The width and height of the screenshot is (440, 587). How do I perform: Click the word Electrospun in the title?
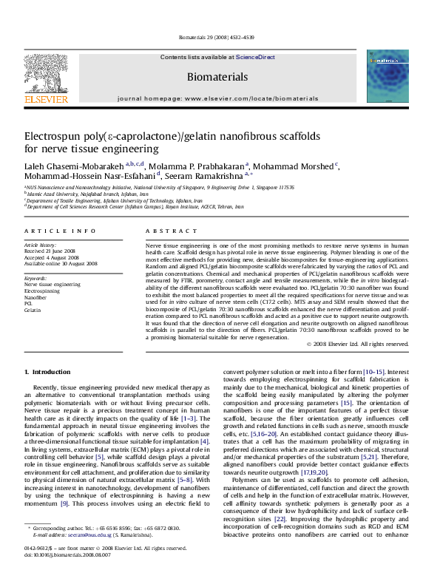tap(55, 137)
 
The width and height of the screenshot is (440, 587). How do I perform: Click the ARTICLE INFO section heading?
tap(49, 231)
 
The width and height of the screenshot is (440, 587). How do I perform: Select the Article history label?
tap(39, 244)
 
